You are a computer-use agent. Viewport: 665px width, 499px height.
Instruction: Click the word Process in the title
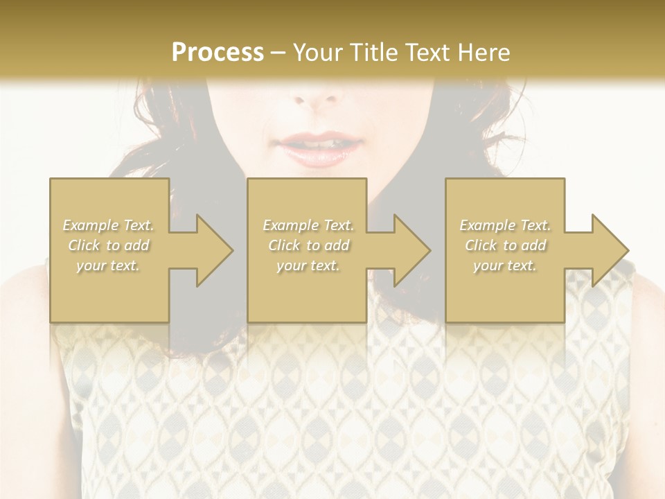(x=218, y=53)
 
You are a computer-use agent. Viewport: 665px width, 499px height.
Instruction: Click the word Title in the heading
(x=372, y=53)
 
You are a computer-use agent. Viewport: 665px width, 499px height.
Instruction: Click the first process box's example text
(x=109, y=245)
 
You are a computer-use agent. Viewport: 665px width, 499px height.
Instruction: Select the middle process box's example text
(x=308, y=245)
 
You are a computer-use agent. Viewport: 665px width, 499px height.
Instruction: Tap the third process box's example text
(x=505, y=245)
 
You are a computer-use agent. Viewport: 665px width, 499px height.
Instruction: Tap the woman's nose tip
(x=319, y=97)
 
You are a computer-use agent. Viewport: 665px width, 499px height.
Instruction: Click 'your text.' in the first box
(x=108, y=265)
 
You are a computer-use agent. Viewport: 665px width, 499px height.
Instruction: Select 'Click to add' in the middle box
(x=308, y=245)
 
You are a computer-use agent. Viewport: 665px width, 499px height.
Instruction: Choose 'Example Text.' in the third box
(x=505, y=225)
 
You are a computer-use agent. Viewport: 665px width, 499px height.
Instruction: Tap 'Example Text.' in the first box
(x=108, y=225)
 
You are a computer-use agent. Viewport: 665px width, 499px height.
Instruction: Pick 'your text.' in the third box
(x=505, y=265)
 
